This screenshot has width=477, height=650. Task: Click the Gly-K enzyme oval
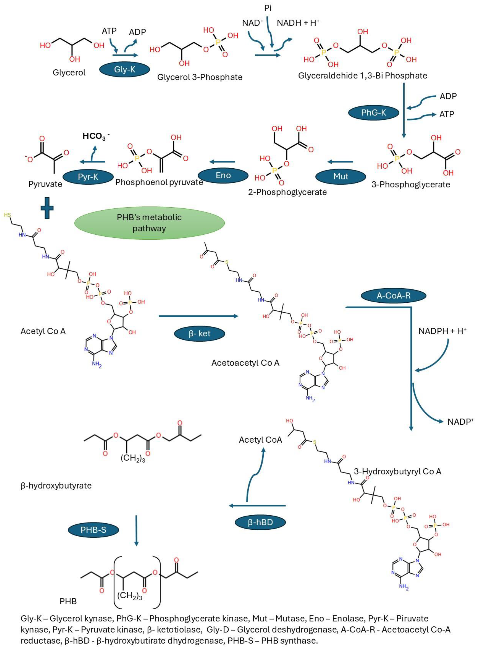[124, 69]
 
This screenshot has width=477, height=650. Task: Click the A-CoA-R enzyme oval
[393, 295]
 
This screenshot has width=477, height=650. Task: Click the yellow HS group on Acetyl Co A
[7, 215]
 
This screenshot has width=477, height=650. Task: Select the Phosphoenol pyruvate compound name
[159, 182]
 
